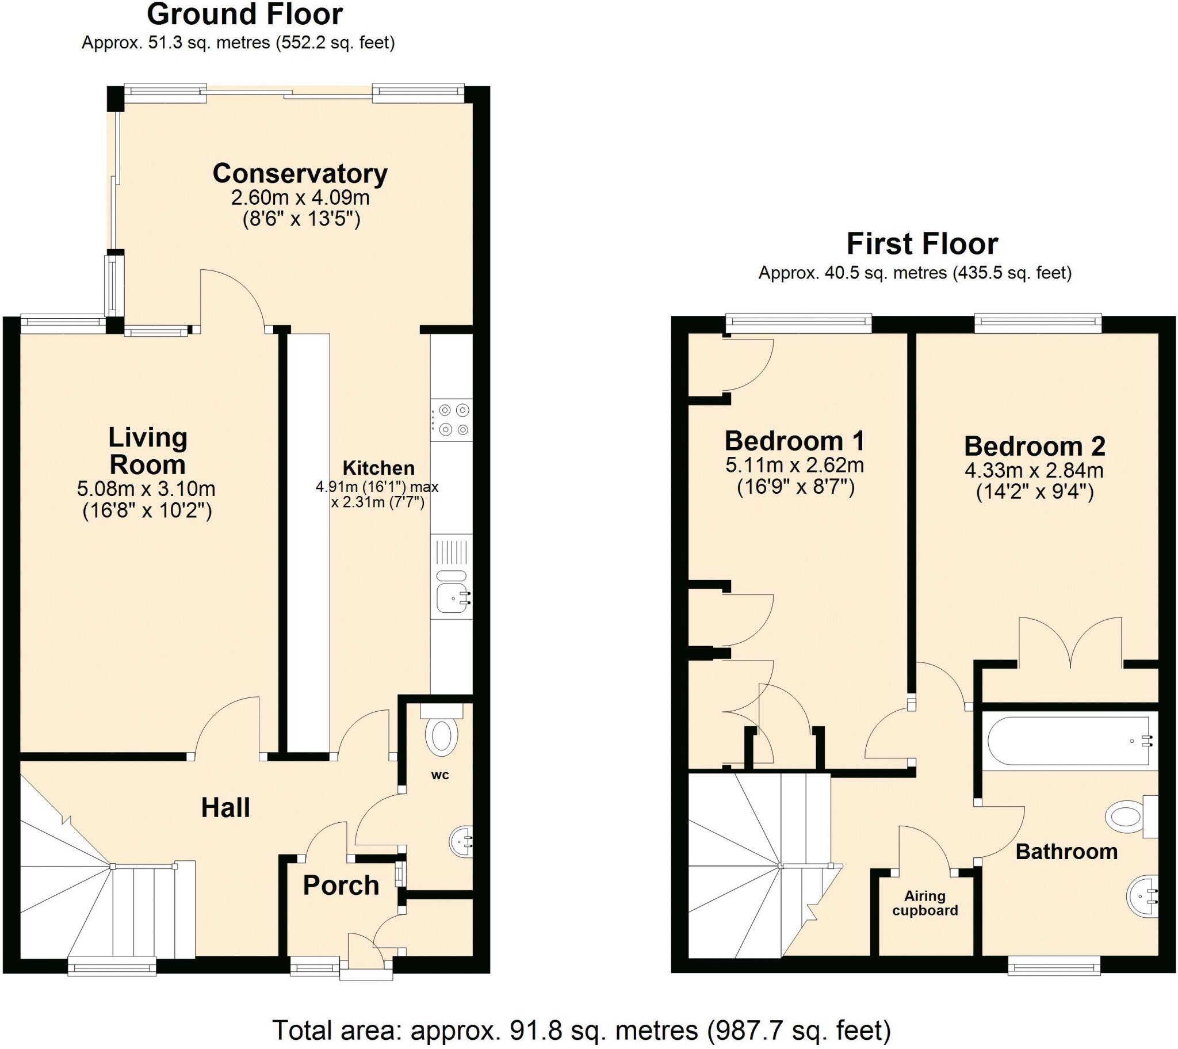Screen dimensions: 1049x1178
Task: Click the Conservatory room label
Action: coord(300,173)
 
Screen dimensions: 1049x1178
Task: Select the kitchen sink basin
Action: coord(453,597)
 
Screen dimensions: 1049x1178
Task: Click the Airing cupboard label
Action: coord(924,903)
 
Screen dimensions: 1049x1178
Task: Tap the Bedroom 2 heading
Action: coord(1035,447)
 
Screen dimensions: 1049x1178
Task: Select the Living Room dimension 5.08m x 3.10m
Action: coord(146,489)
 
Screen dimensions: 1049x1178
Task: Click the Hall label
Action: coord(225,808)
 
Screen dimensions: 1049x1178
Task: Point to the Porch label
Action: coord(341,885)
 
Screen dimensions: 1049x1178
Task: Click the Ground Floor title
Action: coord(245,14)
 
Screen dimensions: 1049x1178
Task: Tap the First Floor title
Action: coord(922,244)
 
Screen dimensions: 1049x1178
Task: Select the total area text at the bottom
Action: coord(582,1030)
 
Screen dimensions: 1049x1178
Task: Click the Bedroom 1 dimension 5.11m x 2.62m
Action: coord(794,465)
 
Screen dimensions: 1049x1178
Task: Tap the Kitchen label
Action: coord(378,468)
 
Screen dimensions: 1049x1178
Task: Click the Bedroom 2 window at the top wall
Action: coord(1038,323)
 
